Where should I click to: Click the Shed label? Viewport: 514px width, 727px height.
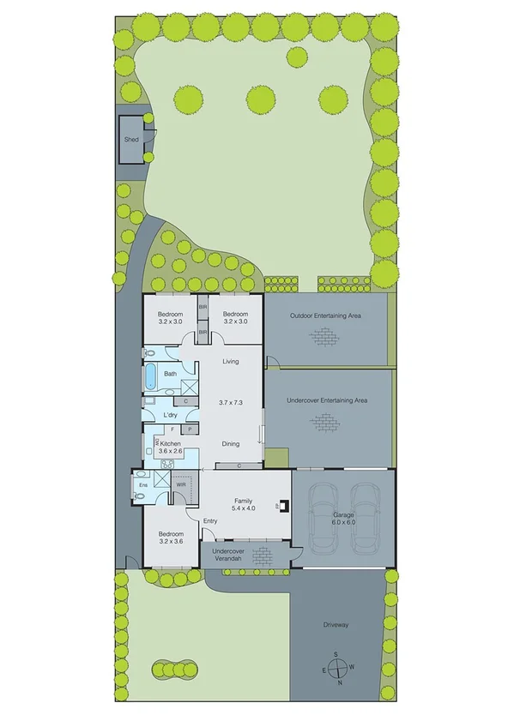coord(131,139)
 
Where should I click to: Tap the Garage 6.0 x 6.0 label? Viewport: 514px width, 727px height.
coord(343,518)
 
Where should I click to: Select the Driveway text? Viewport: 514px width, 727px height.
coord(336,625)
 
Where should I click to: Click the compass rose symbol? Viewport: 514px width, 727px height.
coord(337,669)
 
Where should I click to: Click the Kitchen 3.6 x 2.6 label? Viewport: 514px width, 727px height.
coord(170,447)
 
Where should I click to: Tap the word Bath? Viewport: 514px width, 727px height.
coord(171,374)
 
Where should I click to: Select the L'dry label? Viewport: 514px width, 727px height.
coord(170,416)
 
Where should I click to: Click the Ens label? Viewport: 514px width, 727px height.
coord(142,484)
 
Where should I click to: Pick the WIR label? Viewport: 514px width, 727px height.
coord(181,484)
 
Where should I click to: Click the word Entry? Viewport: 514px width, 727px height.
coord(210,521)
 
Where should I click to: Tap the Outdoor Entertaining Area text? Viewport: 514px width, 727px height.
coord(324,316)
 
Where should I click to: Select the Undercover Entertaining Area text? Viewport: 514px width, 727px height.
coord(327,400)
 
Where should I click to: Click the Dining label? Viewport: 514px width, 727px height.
coord(230,444)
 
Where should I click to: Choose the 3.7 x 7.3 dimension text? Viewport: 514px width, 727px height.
coord(231,402)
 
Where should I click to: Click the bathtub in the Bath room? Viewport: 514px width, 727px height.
coord(150,376)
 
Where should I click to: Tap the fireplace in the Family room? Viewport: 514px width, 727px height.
coord(280,506)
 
